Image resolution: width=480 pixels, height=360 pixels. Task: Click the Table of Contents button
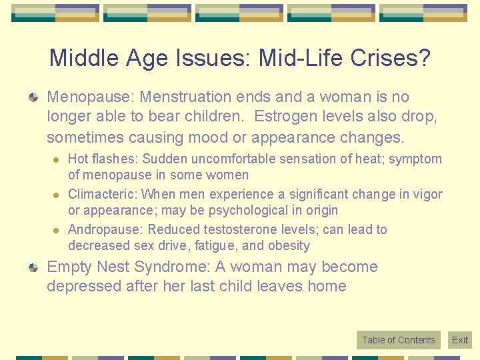[x=398, y=340]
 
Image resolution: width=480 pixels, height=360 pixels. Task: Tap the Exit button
[x=460, y=340]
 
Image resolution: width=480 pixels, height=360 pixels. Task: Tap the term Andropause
[x=105, y=230]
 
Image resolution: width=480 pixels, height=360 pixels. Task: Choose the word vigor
[x=427, y=195]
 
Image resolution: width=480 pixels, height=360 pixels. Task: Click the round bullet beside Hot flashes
[x=56, y=159]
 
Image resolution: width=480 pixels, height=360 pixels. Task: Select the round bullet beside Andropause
[x=56, y=230]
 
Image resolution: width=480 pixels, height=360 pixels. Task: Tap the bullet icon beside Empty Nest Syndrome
[x=33, y=268]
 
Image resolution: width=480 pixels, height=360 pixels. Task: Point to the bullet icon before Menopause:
[x=33, y=98]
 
